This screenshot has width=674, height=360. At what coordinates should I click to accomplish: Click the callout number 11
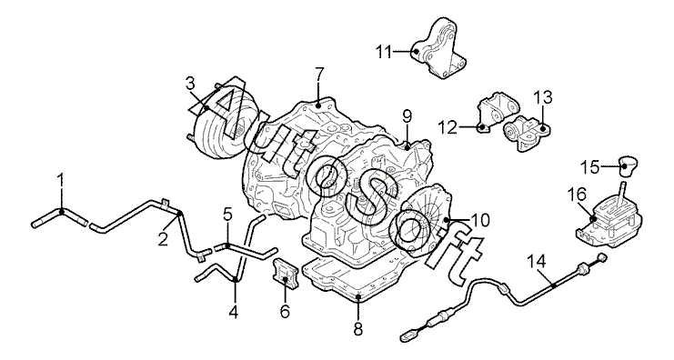[384, 52]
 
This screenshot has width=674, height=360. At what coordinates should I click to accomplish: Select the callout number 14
[537, 261]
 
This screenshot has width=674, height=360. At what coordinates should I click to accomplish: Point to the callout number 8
[358, 329]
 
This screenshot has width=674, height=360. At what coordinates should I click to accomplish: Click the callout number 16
[578, 195]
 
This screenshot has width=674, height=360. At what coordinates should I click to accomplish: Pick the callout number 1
[61, 181]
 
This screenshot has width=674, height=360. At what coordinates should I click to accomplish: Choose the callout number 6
[285, 311]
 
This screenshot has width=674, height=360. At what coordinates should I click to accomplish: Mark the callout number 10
[480, 220]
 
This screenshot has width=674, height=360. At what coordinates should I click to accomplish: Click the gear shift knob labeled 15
[628, 166]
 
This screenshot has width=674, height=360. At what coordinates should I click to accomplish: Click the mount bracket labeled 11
[438, 49]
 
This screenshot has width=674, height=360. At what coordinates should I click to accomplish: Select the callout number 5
[227, 214]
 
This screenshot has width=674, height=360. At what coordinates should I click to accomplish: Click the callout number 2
[163, 240]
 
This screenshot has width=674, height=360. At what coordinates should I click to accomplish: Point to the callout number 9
[407, 116]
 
